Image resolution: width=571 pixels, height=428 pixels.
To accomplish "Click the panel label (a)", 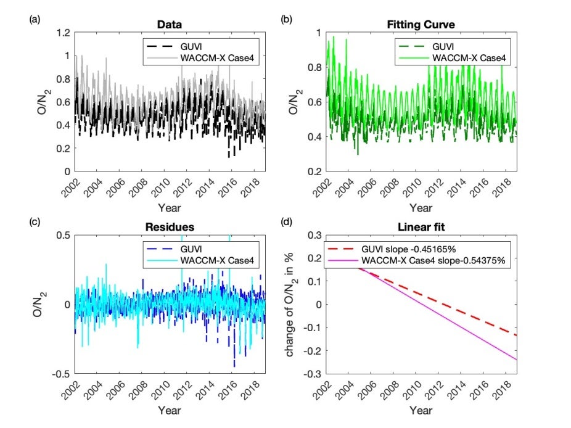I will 35,19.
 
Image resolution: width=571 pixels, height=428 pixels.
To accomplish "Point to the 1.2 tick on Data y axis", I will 62,32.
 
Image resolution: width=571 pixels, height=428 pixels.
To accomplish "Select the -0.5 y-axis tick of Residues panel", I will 59,374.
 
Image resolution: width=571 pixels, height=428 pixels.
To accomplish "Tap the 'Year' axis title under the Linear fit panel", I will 421,409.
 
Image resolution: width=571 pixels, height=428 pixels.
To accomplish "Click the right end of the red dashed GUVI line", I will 517,335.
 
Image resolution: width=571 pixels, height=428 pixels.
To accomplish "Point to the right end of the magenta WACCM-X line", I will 517,360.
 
